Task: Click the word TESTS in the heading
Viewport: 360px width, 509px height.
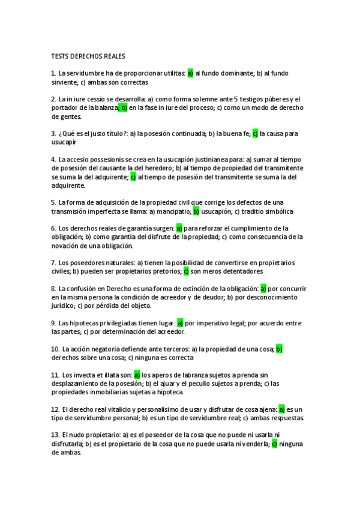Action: (x=61, y=56)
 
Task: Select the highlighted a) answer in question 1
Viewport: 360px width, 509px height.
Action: (x=190, y=73)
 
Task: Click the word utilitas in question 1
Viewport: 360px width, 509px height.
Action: (x=171, y=73)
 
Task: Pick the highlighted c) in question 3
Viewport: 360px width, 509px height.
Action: (x=254, y=134)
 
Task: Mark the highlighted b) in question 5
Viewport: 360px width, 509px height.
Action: (x=196, y=211)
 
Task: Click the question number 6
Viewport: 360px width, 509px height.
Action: (x=53, y=229)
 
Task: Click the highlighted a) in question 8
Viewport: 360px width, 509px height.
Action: (x=263, y=289)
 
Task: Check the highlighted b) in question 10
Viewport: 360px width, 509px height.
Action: (x=279, y=349)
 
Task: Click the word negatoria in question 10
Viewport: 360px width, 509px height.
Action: (x=104, y=349)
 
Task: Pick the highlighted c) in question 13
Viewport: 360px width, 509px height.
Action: (x=274, y=445)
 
